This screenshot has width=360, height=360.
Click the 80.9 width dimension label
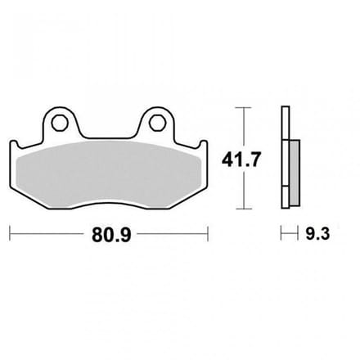coord(111,234)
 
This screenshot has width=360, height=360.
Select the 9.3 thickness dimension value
coord(317,234)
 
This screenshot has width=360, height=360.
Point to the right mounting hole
coord(157,123)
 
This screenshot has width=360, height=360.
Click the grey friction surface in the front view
coord(108,173)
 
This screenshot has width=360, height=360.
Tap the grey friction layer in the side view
coord(295,172)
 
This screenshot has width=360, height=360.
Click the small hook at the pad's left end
coord(14,143)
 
